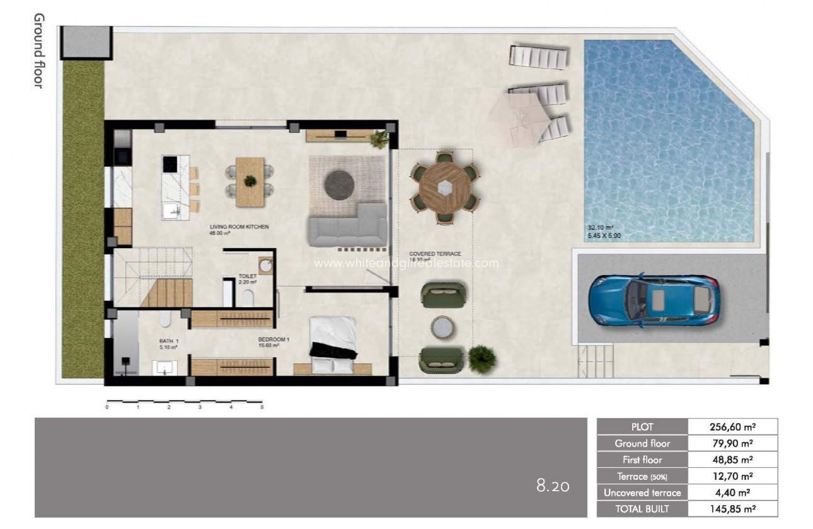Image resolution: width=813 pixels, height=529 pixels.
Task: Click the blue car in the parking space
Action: pyautogui.click(x=654, y=300)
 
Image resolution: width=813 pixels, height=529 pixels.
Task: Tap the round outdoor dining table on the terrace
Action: pyautogui.click(x=445, y=187)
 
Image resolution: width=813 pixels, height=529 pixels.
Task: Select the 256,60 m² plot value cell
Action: pyautogui.click(x=733, y=427)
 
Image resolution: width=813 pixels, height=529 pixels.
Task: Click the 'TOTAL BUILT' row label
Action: pyautogui.click(x=642, y=509)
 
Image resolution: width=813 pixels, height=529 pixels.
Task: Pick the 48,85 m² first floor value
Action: pyautogui.click(x=733, y=460)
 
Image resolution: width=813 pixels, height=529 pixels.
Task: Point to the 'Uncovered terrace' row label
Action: pyautogui.click(x=642, y=492)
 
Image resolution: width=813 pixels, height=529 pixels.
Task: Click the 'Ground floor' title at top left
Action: pyautogui.click(x=38, y=50)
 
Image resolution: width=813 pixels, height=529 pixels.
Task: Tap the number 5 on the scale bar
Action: pyautogui.click(x=262, y=407)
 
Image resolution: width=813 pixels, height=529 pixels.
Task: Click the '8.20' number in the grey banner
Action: pyautogui.click(x=553, y=486)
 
